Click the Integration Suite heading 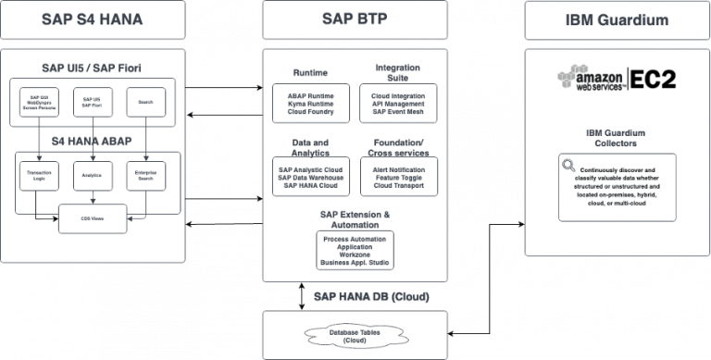pyautogui.click(x=397, y=73)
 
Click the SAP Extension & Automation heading pyautogui.click(x=355, y=218)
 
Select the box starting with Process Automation pyautogui.click(x=355, y=250)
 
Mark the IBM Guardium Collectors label pyautogui.click(x=616, y=138)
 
